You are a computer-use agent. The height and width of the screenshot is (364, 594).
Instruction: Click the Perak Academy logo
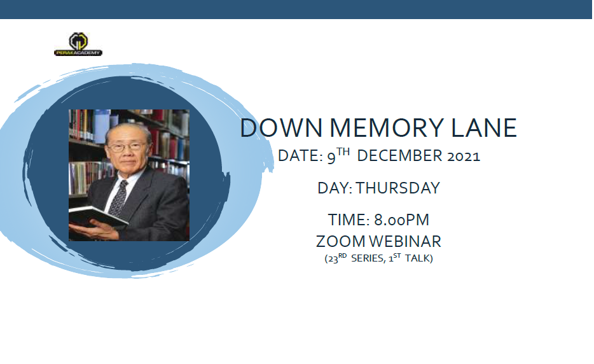click(78, 44)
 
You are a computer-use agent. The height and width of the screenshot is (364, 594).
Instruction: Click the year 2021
click(463, 157)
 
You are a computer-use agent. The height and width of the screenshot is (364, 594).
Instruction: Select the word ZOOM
click(340, 242)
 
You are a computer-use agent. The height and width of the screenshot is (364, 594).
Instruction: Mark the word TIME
click(347, 220)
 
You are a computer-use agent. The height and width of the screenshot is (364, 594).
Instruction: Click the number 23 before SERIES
click(332, 259)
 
